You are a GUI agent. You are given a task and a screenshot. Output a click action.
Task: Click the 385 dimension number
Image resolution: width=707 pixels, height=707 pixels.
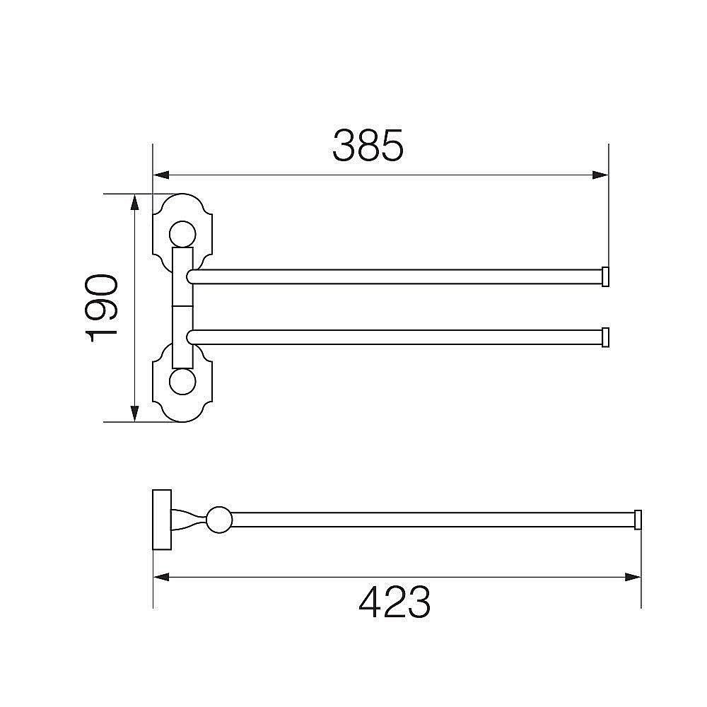[368, 145]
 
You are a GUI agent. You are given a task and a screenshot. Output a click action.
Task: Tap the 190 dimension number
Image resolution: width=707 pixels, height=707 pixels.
[101, 308]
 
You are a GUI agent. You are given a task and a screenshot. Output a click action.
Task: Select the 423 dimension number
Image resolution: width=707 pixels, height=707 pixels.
[395, 602]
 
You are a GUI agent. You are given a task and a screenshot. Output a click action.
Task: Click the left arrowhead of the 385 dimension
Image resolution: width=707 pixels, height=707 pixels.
[161, 175]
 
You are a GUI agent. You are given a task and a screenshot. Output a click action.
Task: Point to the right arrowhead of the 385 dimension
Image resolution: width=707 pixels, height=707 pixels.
[600, 175]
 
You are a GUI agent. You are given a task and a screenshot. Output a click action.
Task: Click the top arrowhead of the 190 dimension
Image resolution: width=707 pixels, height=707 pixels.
[134, 202]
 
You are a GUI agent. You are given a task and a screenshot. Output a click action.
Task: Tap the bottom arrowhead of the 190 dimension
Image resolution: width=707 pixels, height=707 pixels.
[134, 414]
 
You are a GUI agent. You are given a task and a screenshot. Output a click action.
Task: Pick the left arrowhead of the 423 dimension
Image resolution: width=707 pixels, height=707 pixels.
[161, 577]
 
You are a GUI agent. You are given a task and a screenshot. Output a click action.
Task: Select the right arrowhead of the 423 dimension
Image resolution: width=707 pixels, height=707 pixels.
[633, 577]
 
